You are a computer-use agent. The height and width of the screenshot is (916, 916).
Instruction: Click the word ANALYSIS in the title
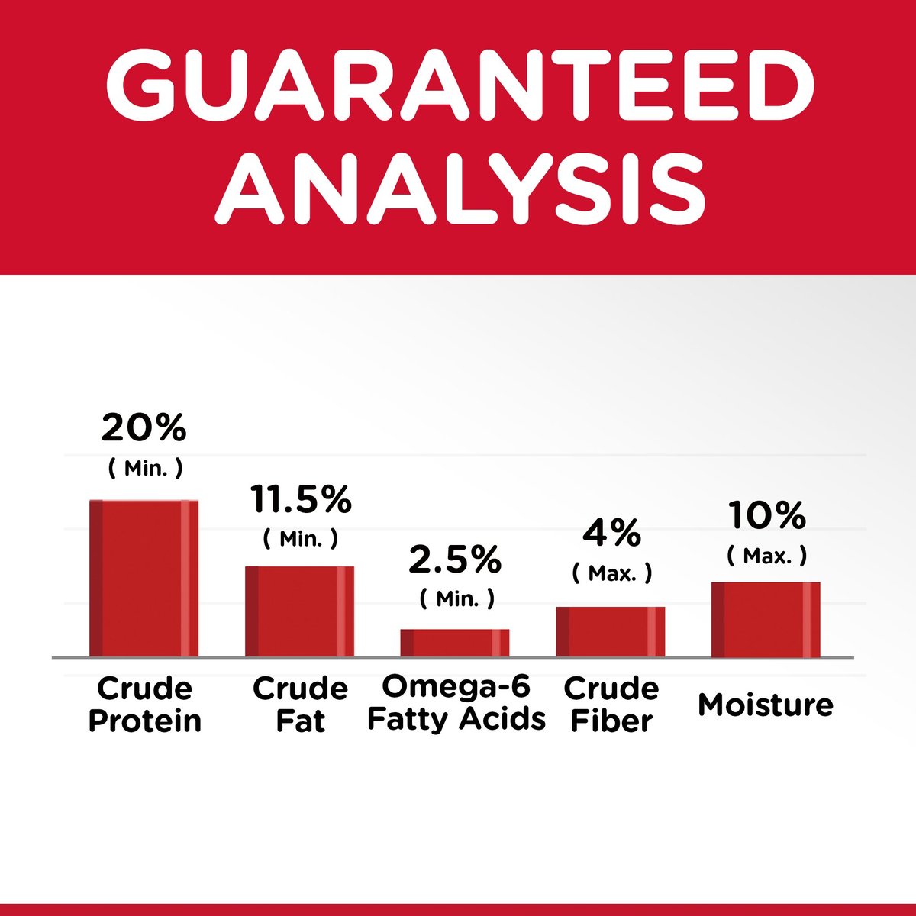[460, 189]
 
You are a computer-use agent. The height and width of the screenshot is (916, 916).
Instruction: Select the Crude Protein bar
[144, 579]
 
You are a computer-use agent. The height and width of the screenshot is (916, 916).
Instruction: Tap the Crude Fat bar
[299, 611]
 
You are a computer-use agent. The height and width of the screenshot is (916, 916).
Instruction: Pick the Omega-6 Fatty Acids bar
[454, 643]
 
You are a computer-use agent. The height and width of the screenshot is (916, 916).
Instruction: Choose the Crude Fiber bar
[611, 632]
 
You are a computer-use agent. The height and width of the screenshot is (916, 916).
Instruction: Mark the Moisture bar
[766, 620]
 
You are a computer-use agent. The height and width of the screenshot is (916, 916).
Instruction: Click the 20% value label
[144, 427]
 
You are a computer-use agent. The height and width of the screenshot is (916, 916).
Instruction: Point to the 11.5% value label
[301, 499]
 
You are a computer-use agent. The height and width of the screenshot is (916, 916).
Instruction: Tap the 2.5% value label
[455, 560]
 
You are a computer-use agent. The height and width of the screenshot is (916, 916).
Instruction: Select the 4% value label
[611, 534]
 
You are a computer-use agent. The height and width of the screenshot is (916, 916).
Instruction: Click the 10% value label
[767, 515]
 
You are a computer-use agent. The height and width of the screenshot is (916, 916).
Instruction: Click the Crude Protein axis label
[144, 705]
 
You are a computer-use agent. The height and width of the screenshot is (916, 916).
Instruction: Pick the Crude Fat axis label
[301, 705]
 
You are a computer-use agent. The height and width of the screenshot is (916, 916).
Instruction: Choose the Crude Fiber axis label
[611, 705]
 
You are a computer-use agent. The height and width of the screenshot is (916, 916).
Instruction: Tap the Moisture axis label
[766, 705]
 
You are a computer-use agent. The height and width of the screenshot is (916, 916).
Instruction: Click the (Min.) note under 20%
[146, 469]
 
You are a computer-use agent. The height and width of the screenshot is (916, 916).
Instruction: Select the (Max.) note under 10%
[766, 556]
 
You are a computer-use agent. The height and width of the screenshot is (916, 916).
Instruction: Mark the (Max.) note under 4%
[611, 574]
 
